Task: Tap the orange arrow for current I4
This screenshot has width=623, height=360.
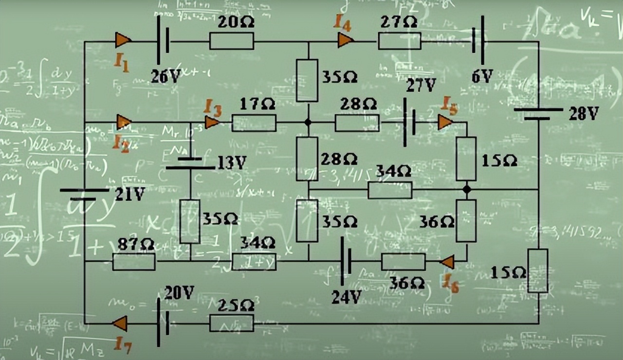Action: click(345, 40)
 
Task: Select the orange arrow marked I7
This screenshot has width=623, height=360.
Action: click(120, 323)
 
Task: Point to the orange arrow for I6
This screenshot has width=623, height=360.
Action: click(447, 262)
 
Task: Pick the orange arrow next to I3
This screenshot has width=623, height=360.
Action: click(212, 122)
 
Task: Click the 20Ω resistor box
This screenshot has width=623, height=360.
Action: click(232, 41)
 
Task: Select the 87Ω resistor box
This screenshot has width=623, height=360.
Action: click(134, 262)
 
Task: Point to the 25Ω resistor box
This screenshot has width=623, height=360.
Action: click(232, 323)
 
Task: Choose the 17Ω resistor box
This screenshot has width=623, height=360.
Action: click(254, 123)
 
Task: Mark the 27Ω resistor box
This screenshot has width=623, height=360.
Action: click(400, 41)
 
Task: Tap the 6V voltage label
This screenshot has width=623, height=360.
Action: click(482, 76)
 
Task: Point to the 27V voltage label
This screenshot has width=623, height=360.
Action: click(421, 86)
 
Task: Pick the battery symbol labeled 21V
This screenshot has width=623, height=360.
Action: click(84, 195)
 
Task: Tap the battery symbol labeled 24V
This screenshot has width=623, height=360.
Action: click(346, 261)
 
